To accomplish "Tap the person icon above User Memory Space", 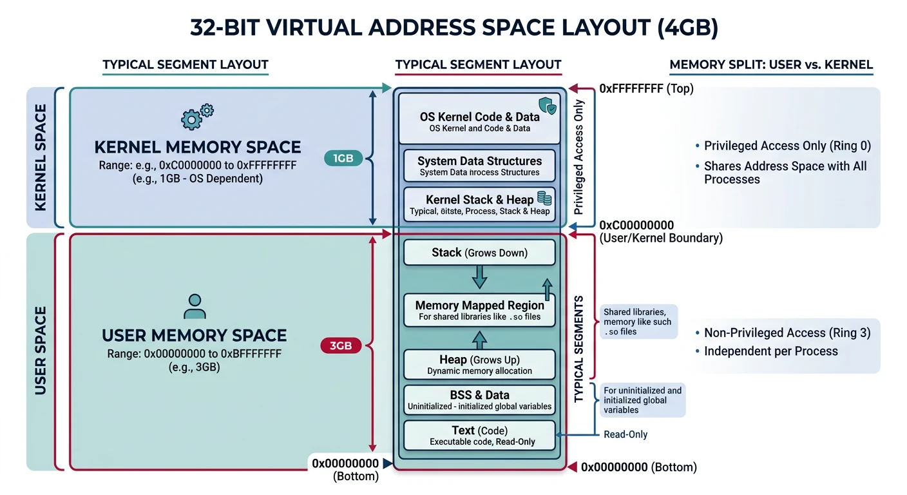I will coord(194,306).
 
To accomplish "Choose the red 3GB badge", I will coord(340,345).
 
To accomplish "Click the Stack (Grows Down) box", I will coord(479,253).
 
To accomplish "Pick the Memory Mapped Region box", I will coord(479,310).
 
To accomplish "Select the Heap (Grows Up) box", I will coord(479,364).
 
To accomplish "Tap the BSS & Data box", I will coord(479,400).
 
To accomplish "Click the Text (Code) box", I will coord(479,435).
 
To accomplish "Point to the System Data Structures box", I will coord(479,166).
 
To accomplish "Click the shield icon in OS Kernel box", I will coord(546,106).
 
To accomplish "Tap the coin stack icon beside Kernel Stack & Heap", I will coord(544,199).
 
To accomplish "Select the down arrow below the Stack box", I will coord(480,277).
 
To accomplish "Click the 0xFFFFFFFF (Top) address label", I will coord(645,89).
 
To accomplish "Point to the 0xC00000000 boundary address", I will coord(636,226).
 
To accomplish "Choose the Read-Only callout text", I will coord(625,434).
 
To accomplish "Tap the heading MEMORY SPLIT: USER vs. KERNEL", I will coord(771,64).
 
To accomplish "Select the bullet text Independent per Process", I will coord(770,351).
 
